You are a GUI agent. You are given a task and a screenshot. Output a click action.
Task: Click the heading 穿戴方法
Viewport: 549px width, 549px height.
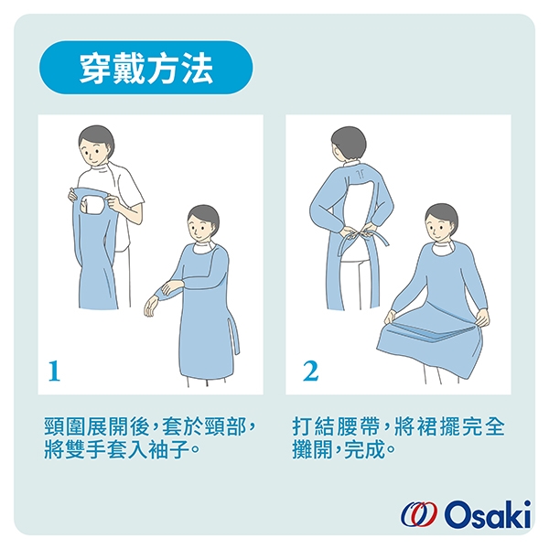coord(146,68)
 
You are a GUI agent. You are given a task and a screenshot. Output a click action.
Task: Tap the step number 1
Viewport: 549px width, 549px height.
coord(54,371)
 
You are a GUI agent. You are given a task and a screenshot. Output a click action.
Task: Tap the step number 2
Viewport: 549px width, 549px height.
coord(310,371)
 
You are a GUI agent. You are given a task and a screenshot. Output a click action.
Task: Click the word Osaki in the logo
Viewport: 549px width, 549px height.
coord(488,514)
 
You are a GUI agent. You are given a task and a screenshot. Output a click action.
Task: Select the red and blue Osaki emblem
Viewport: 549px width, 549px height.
coord(419,514)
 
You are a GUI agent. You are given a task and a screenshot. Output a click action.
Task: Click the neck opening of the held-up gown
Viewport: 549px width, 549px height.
coord(92,206)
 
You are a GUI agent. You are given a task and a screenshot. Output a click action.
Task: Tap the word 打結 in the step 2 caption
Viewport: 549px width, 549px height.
coord(313,426)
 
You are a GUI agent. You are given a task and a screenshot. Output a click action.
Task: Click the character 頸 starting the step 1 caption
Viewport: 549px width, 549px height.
coord(55,426)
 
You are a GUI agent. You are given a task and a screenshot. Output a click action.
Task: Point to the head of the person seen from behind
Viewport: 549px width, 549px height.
coord(349,145)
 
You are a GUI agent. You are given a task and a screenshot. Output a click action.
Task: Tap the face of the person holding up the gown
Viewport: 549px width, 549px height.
coord(93,154)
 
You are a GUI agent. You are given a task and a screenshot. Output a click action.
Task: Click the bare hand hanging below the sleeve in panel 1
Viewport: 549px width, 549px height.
coord(151,306)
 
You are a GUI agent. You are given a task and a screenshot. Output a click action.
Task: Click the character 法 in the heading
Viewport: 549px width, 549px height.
coord(197,68)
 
